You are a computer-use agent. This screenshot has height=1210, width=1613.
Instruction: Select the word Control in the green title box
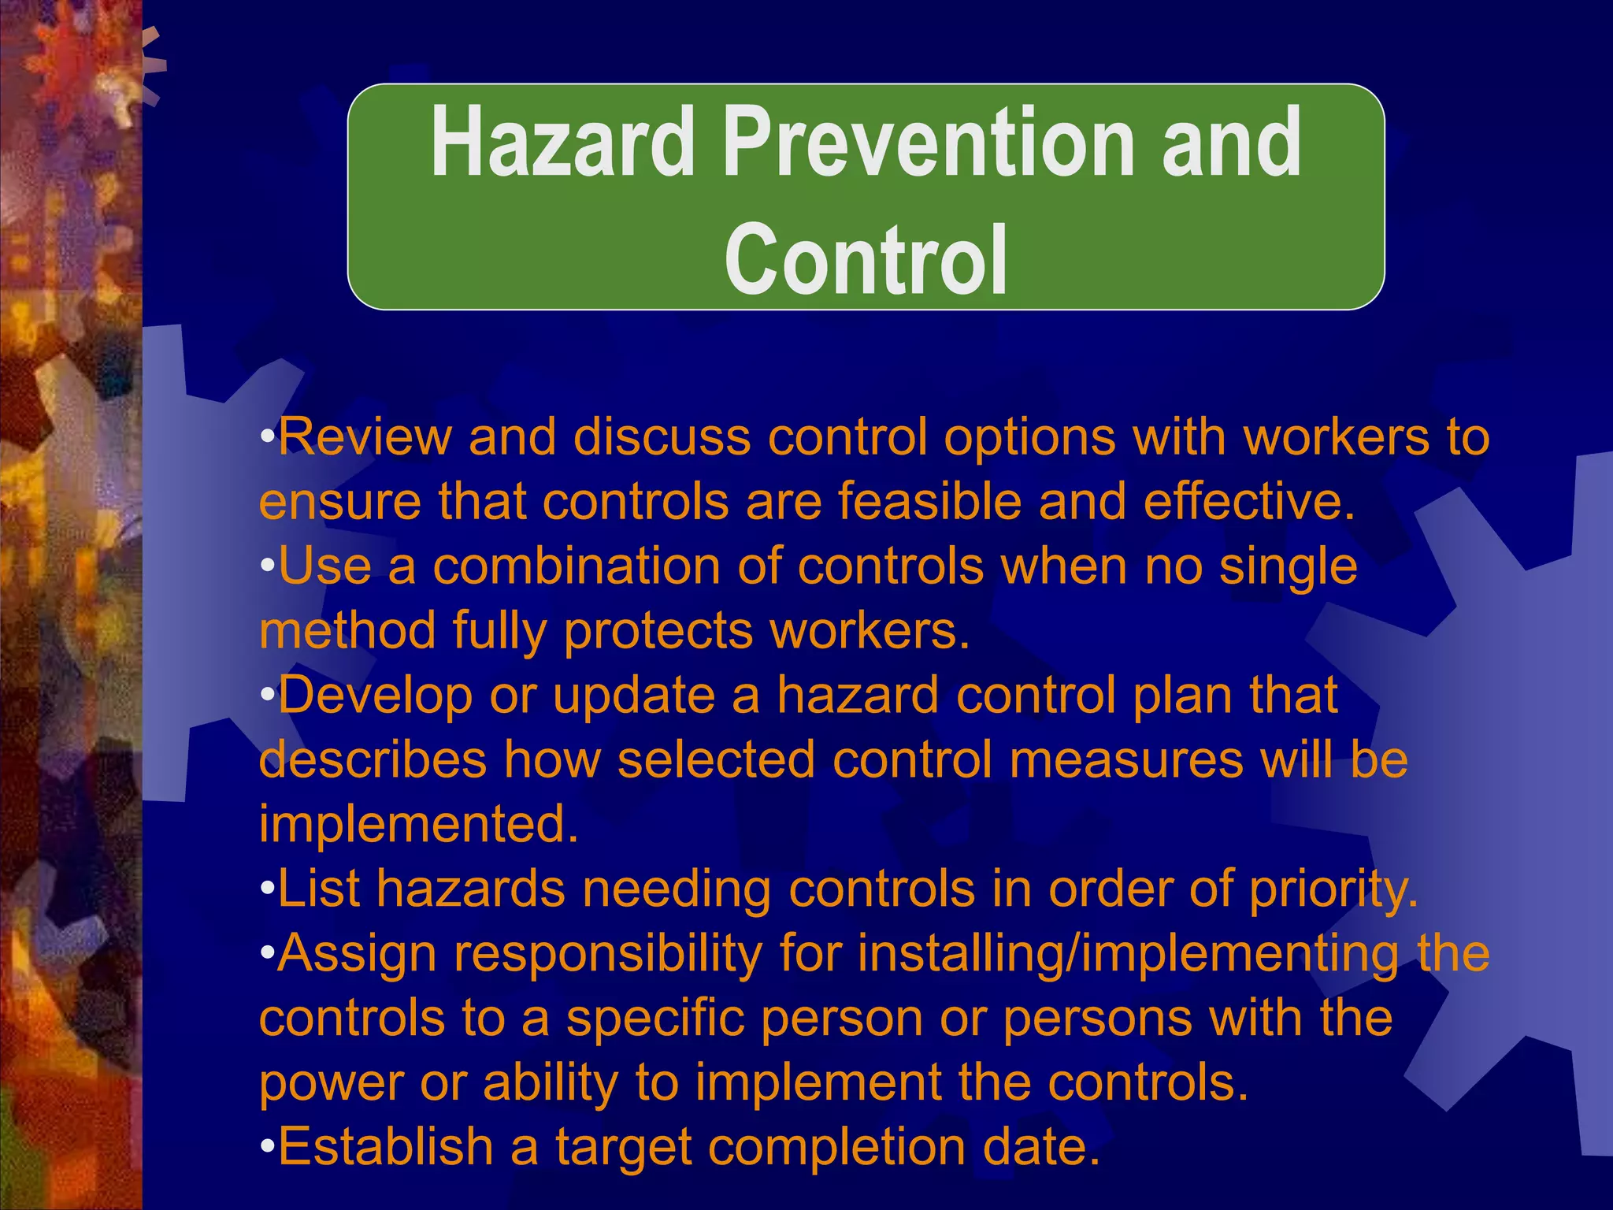pyautogui.click(x=866, y=260)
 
